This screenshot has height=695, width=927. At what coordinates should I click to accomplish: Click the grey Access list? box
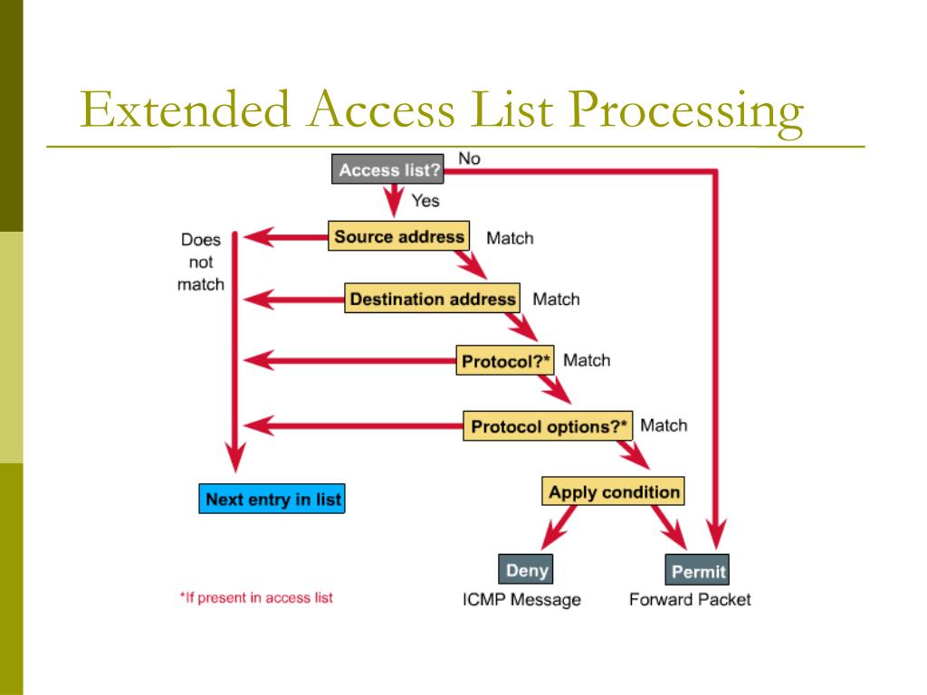(389, 170)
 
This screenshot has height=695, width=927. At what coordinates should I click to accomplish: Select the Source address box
(399, 237)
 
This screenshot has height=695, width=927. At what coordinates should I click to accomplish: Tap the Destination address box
(432, 299)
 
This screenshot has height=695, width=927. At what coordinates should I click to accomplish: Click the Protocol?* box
(506, 361)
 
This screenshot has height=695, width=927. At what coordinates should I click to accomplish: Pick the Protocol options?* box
(548, 425)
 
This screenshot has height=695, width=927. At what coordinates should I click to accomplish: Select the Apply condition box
(614, 492)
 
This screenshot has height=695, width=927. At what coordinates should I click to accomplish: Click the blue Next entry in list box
(272, 500)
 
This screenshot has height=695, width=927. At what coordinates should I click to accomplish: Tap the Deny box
(527, 571)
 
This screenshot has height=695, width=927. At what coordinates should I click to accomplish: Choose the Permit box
(698, 572)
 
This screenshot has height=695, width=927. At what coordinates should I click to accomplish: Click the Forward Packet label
(690, 600)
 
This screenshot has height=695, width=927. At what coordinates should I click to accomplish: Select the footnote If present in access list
(256, 598)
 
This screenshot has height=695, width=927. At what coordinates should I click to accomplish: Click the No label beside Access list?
(469, 158)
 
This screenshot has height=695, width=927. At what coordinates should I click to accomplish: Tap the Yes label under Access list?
(425, 201)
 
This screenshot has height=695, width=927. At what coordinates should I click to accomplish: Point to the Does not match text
(201, 262)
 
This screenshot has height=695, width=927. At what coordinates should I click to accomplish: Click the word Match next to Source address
(510, 239)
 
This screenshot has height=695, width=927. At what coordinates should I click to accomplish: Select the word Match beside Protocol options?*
(664, 425)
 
